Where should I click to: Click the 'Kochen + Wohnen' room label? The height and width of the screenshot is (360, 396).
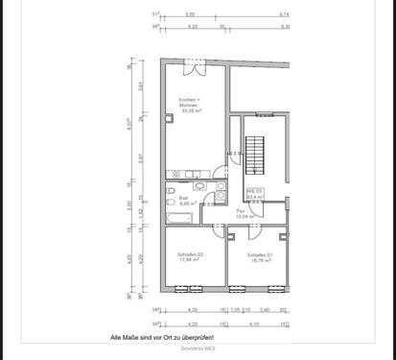point(188,103)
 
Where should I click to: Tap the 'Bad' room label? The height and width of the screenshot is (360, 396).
point(183,198)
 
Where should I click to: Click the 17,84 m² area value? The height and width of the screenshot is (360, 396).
point(188,259)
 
